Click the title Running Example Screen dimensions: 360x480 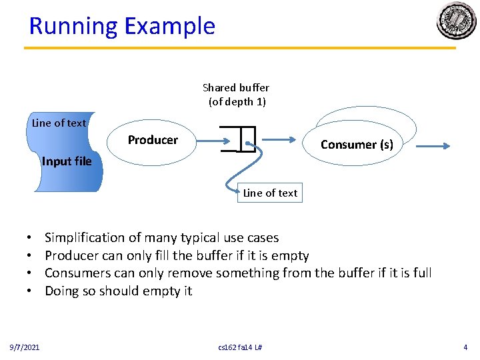coord(122,26)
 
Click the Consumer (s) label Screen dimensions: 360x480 coord(357,145)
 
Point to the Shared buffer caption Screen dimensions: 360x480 coord(236,95)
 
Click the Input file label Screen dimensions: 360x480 coord(66,161)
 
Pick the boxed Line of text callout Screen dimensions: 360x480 coord(270,193)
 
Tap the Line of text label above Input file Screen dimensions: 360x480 coord(59,123)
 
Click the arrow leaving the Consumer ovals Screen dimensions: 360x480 coord(433,147)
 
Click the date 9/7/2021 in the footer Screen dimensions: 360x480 coord(25,347)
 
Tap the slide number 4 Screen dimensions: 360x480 coord(465,347)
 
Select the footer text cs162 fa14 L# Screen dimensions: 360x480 coord(240,347)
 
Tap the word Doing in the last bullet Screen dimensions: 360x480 coord(62,291)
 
